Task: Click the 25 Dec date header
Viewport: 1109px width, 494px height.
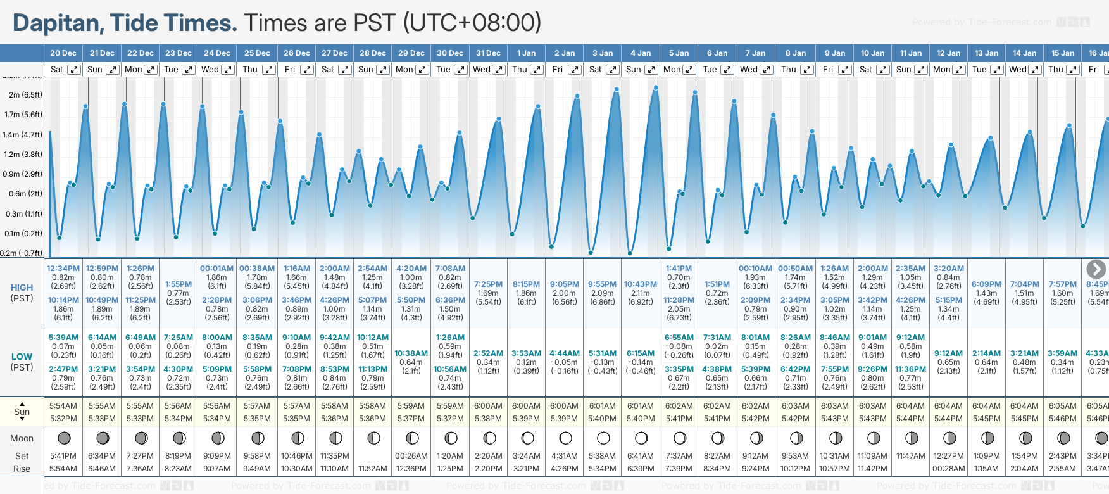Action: click(x=257, y=53)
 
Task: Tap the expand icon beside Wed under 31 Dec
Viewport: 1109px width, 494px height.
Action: click(x=499, y=70)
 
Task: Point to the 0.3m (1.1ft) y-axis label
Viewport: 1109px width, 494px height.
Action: click(x=23, y=214)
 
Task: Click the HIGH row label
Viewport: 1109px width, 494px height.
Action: click(x=22, y=288)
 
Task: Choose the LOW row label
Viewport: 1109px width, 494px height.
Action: click(x=22, y=357)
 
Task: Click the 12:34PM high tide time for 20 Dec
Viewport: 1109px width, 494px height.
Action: click(x=63, y=269)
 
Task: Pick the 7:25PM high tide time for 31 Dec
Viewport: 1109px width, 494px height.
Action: click(x=488, y=284)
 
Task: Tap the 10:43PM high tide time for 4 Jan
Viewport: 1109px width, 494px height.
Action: click(x=641, y=284)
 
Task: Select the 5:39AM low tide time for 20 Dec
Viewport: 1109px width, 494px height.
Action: click(x=63, y=338)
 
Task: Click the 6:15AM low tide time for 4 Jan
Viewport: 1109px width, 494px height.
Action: click(x=641, y=353)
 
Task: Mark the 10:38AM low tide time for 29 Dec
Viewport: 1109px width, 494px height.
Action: click(x=411, y=353)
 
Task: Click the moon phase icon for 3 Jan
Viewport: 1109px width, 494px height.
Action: click(x=603, y=438)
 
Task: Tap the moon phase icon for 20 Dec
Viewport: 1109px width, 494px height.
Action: click(x=64, y=438)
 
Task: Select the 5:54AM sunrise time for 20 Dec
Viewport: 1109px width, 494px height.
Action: click(x=63, y=406)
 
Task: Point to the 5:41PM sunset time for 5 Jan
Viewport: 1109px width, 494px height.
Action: click(x=679, y=419)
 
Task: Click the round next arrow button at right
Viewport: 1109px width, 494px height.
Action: click(x=1096, y=269)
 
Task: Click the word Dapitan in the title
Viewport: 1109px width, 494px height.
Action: click(x=58, y=23)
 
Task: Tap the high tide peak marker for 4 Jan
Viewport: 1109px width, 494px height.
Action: click(x=656, y=88)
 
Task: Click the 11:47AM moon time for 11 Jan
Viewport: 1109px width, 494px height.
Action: click(x=911, y=456)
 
